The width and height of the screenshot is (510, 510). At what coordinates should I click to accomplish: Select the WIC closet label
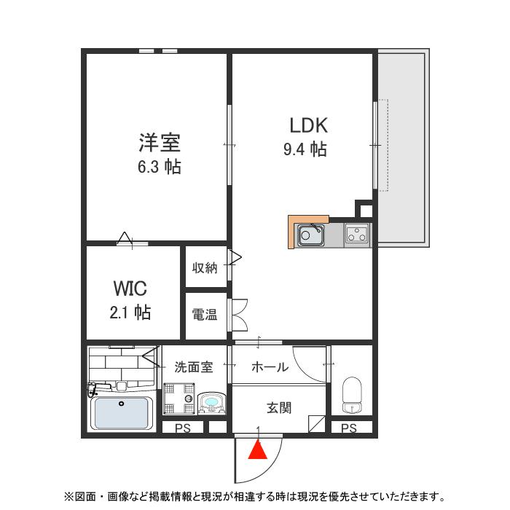coord(130,287)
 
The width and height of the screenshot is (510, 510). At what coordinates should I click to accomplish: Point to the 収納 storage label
coord(205,267)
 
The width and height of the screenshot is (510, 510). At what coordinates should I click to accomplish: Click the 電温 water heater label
coord(205,315)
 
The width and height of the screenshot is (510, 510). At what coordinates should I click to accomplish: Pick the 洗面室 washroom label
coord(194,367)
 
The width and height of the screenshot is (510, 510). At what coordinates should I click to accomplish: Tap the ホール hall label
coord(270,367)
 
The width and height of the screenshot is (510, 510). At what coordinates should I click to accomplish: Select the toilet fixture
coord(352,394)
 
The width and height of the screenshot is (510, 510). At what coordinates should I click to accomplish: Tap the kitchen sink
coord(310,235)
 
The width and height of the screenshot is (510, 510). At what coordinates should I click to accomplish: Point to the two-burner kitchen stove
coord(357,235)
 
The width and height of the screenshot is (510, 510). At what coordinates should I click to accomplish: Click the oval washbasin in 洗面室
coord(212,401)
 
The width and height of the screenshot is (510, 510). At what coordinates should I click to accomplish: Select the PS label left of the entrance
coord(182,429)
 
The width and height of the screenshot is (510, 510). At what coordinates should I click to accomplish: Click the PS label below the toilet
coord(349,429)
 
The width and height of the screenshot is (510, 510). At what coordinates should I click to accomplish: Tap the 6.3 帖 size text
coord(160,167)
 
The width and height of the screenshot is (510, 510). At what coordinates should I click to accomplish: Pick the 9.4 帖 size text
coord(305,150)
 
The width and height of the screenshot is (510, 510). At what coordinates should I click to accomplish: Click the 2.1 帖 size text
coord(130,313)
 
